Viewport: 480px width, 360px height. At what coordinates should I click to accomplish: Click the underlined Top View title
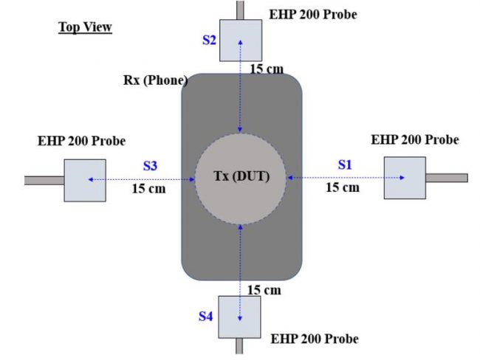(x=85, y=27)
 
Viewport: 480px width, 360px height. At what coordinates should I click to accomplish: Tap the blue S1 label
(x=345, y=165)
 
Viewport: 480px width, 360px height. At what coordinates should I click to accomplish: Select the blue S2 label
(x=210, y=40)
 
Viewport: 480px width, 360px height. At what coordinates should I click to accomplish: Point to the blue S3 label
(x=151, y=166)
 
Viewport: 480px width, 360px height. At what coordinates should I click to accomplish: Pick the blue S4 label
(x=206, y=316)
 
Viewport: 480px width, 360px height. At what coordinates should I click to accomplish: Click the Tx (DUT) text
(x=241, y=176)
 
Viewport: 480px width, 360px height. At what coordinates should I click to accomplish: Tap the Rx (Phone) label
(x=156, y=80)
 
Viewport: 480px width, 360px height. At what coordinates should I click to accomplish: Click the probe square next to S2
(x=241, y=41)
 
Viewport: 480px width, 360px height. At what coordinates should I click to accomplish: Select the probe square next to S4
(x=239, y=317)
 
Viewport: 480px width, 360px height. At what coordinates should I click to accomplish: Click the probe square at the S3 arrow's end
(x=85, y=181)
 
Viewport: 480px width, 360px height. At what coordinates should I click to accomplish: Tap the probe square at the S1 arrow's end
(x=405, y=178)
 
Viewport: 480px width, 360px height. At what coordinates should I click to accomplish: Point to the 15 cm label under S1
(x=343, y=187)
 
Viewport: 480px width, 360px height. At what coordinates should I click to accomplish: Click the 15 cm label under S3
(x=148, y=188)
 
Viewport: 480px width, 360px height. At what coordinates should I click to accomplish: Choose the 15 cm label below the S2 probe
(x=267, y=69)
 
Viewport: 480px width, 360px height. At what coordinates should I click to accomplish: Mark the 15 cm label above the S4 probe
(x=264, y=290)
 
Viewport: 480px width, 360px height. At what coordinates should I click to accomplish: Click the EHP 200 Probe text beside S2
(x=313, y=14)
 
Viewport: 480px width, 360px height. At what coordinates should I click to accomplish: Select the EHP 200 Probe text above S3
(x=81, y=141)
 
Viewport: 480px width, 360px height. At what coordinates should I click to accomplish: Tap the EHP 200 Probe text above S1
(x=415, y=139)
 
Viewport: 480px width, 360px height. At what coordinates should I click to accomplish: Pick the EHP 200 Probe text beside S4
(x=315, y=339)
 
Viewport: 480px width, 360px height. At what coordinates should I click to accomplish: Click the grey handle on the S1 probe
(x=447, y=178)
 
